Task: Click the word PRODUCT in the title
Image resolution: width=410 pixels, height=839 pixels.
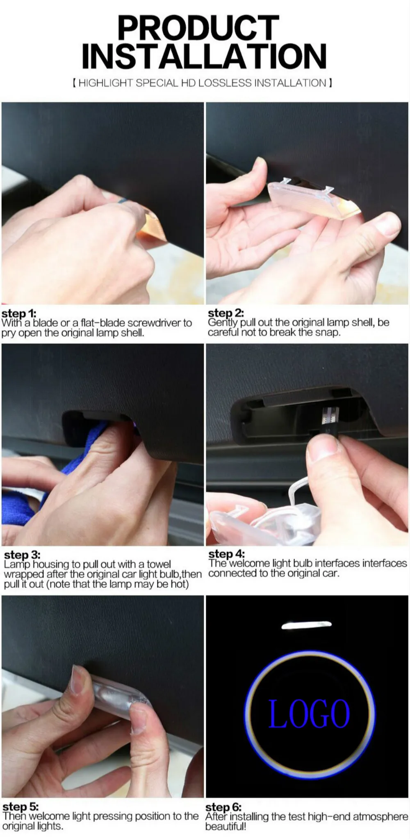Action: click(198, 27)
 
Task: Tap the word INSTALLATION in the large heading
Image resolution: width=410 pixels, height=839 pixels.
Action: click(204, 56)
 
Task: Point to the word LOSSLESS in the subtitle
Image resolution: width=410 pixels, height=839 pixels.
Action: click(225, 83)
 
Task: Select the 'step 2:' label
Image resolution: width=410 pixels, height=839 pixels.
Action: click(226, 313)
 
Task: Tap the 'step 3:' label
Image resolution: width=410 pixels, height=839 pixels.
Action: click(22, 555)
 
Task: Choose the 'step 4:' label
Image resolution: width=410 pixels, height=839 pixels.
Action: click(226, 554)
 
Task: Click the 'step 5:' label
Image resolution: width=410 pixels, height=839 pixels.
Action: click(20, 807)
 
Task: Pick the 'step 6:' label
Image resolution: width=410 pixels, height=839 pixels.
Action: click(223, 807)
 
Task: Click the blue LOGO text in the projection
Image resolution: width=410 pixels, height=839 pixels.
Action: click(309, 714)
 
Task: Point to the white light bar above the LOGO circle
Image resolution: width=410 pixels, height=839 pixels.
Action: click(307, 625)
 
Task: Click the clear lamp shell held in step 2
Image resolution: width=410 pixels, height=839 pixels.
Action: click(314, 199)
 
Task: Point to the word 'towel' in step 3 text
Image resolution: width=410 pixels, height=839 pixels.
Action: click(159, 564)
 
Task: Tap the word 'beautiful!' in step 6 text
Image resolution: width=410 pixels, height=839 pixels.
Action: click(225, 826)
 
